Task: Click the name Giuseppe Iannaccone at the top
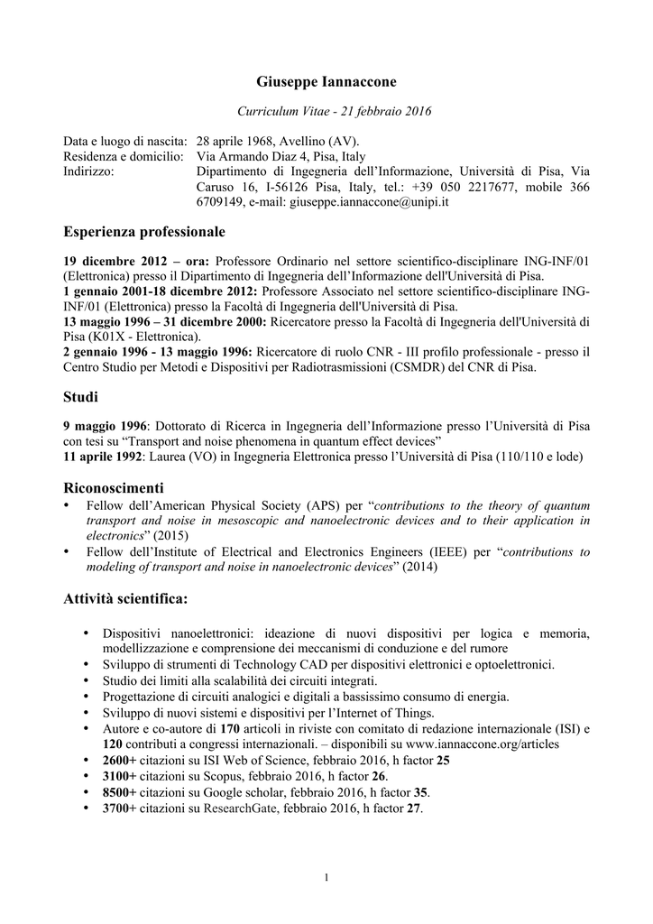[326, 81]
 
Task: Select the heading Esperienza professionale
[144, 232]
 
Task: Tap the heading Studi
[80, 396]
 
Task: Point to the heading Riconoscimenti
[114, 487]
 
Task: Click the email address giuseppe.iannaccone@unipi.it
[369, 202]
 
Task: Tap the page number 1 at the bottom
[326, 878]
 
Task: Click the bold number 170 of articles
[230, 728]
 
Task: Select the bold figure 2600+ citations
[120, 760]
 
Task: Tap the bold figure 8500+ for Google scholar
[120, 791]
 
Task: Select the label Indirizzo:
[89, 171]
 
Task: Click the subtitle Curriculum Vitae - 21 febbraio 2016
[334, 111]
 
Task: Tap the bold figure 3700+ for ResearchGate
[120, 808]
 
